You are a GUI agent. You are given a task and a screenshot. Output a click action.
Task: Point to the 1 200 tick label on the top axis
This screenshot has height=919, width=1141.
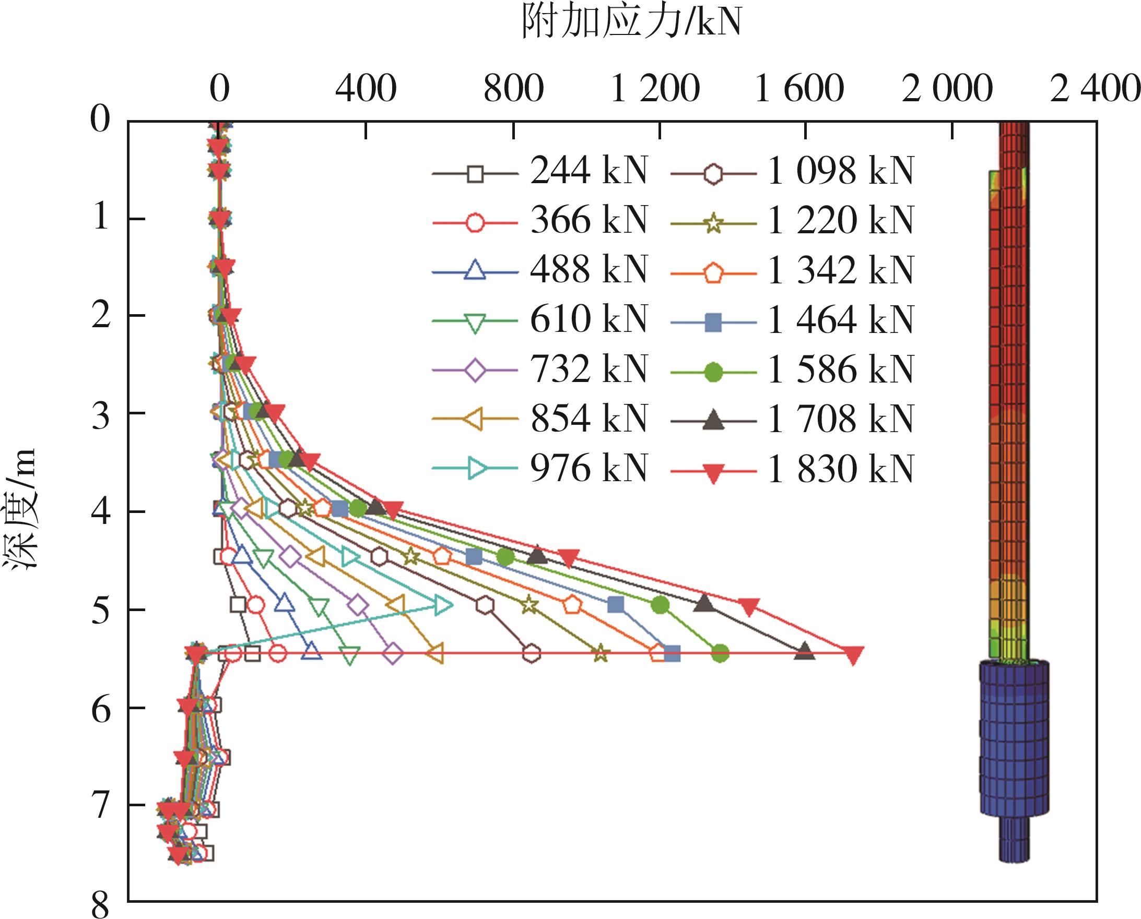(655, 88)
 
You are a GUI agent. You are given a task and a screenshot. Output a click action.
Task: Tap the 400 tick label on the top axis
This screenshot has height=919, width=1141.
(366, 88)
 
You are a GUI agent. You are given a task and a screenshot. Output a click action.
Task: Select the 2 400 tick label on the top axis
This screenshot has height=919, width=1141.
(1094, 88)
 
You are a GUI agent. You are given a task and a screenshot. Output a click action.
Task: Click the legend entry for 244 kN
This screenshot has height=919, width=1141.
(540, 172)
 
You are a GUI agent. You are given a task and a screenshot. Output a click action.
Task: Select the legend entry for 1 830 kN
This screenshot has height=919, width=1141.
(793, 469)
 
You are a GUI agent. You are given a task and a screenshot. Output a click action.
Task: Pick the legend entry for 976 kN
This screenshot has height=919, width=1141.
(540, 469)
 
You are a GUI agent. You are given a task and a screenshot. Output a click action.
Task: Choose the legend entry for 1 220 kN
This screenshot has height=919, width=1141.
(793, 221)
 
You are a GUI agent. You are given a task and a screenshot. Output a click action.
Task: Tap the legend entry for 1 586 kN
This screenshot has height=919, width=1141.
(793, 370)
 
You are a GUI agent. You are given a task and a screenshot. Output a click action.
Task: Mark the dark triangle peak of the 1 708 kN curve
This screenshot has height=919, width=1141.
(804, 651)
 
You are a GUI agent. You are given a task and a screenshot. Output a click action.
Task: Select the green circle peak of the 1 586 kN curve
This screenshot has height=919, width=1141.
(720, 654)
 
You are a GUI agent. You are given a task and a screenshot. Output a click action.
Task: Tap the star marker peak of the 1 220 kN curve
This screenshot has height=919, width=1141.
(599, 654)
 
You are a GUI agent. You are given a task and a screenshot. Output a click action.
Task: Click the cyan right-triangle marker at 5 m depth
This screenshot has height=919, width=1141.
(443, 604)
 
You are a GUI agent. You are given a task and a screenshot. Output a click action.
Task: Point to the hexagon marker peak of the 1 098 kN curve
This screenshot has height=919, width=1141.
(531, 654)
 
